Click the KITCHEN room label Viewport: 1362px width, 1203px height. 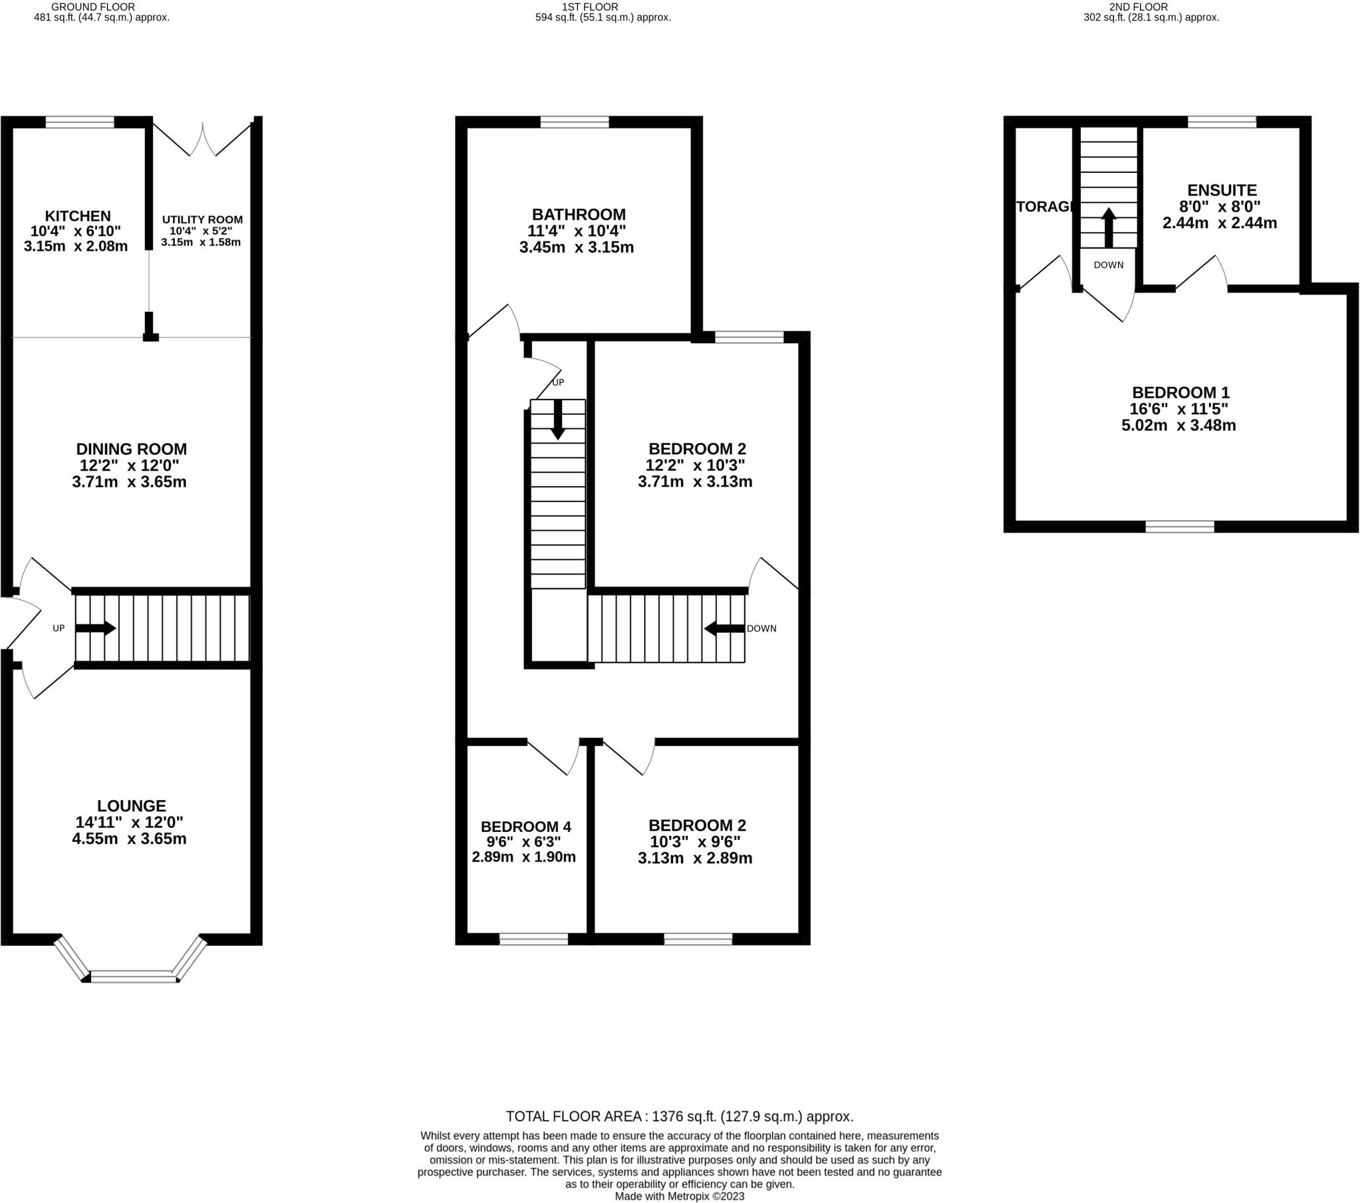click(77, 216)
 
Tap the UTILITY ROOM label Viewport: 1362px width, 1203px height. click(202, 220)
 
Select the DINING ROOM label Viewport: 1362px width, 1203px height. click(131, 449)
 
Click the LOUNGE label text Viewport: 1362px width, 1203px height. click(131, 806)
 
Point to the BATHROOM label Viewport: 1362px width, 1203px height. click(579, 215)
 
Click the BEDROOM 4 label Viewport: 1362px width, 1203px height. click(526, 827)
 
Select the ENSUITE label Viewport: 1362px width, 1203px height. click(1222, 191)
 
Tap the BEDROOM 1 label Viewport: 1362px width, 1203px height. click(1180, 392)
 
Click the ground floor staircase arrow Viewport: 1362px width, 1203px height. click(96, 628)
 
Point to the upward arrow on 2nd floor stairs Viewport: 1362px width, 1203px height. click(1108, 228)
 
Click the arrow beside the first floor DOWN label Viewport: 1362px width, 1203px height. click(724, 628)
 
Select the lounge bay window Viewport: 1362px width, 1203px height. click(134, 977)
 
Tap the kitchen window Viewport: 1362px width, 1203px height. click(79, 122)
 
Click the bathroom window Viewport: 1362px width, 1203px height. click(575, 122)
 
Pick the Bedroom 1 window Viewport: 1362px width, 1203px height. click(1179, 527)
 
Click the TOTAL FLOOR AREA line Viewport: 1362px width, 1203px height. click(679, 1117)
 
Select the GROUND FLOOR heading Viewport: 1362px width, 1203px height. click(83, 7)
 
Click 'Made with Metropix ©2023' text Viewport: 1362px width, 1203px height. click(679, 1196)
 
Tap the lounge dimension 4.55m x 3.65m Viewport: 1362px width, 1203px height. click(129, 839)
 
